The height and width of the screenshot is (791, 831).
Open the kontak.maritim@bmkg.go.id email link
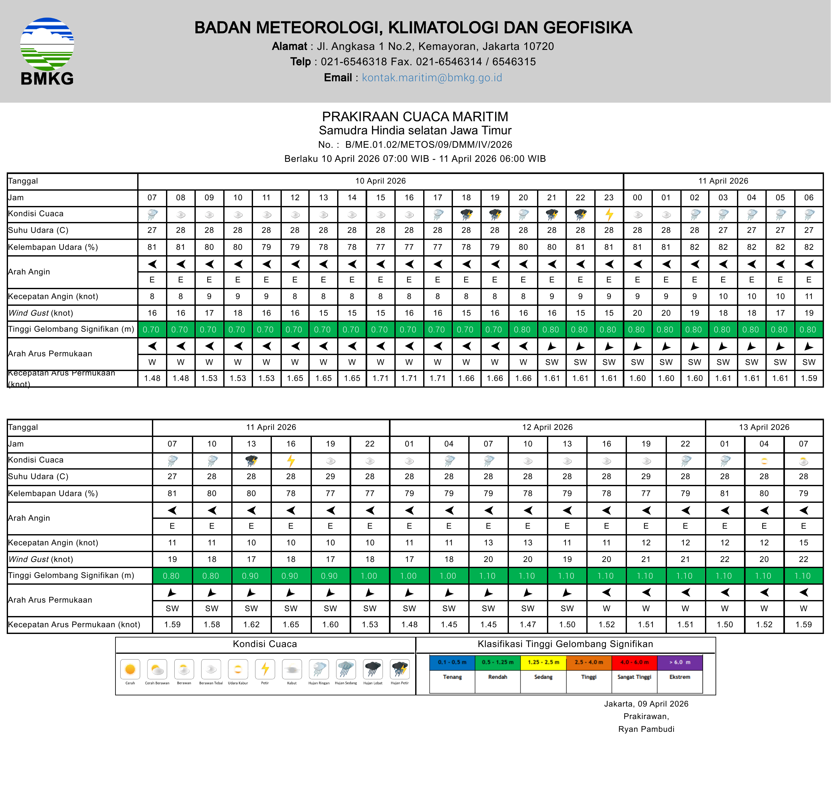coord(432,78)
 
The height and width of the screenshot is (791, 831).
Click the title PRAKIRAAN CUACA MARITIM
coord(415,116)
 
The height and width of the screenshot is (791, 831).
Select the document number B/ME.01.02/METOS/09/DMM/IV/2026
coord(428,145)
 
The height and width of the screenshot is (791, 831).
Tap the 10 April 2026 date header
coord(380,181)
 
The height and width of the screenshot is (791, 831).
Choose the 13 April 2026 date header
coord(764,427)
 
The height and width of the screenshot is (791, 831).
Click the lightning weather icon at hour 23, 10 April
coord(609,214)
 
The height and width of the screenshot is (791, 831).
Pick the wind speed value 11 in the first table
coord(808,297)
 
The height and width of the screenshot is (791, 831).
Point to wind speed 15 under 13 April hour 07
coord(803,543)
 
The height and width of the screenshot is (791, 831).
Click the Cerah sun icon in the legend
coord(130,669)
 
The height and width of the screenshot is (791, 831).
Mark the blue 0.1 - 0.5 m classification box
coord(452,662)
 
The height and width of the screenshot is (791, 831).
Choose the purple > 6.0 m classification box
coord(680,662)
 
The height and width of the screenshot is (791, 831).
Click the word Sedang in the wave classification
coord(543,677)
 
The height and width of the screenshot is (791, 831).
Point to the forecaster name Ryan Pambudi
coord(646,729)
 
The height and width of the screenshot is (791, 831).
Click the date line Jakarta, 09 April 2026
coord(646,704)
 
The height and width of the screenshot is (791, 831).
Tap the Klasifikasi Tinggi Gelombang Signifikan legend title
coord(565,644)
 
